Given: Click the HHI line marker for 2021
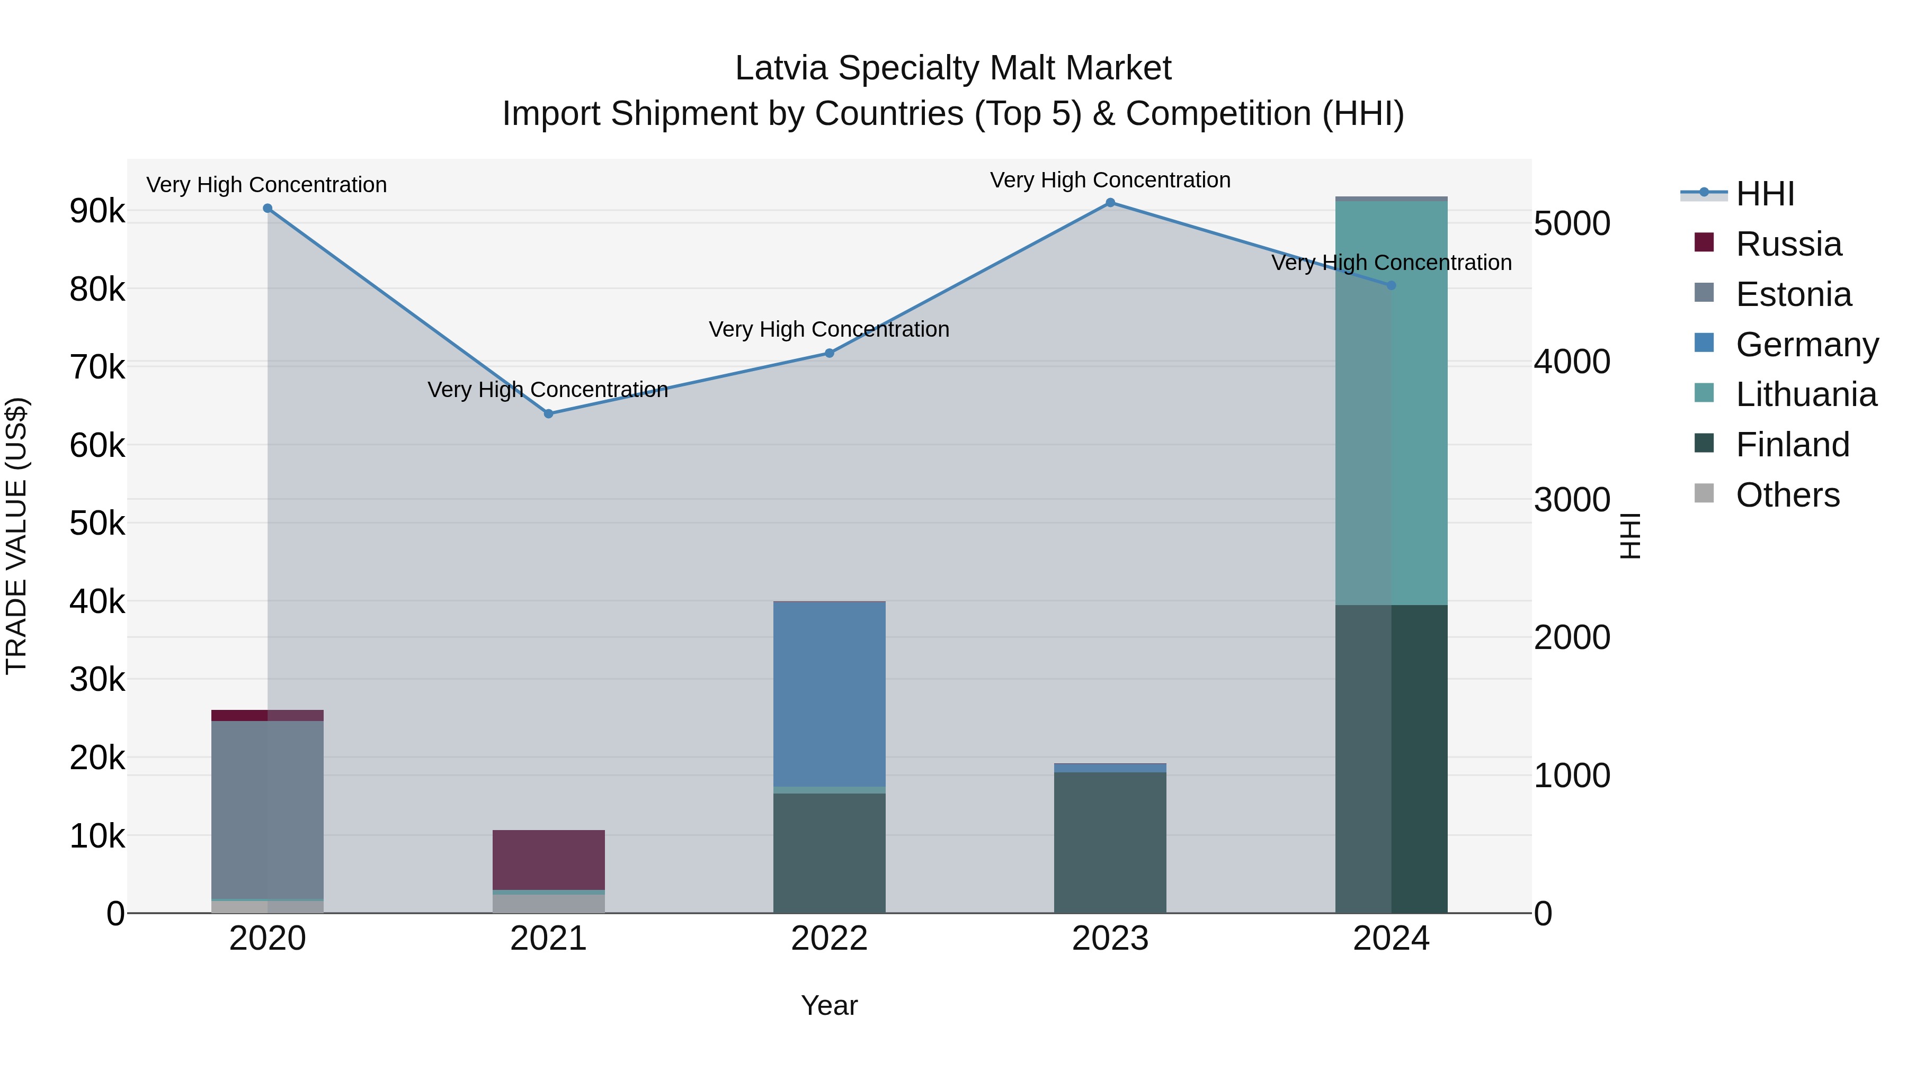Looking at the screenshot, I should pos(549,413).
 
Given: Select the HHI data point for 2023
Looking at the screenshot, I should pos(1110,203).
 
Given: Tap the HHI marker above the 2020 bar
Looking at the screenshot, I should pos(268,209).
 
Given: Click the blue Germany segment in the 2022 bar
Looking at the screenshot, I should pos(829,694).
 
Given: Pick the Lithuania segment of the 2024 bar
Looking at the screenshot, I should pos(1391,403).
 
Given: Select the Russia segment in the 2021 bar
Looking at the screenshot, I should pos(549,860).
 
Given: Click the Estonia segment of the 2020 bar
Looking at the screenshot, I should pos(268,809).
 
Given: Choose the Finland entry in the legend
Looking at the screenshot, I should pos(1792,445).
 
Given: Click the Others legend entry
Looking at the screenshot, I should pos(1787,495).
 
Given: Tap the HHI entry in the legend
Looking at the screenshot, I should pos(1765,194).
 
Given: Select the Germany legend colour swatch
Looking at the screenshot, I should pos(1704,343).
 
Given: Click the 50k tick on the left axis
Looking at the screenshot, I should pos(97,524).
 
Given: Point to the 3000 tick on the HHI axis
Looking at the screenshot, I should pos(1572,500).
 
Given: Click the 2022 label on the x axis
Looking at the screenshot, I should pos(829,939).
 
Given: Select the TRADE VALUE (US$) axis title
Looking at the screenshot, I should pos(17,536).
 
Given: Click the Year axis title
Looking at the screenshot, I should pos(829,1005).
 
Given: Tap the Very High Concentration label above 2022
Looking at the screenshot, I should pos(829,329).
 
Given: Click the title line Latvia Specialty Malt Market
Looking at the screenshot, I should pos(953,68).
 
